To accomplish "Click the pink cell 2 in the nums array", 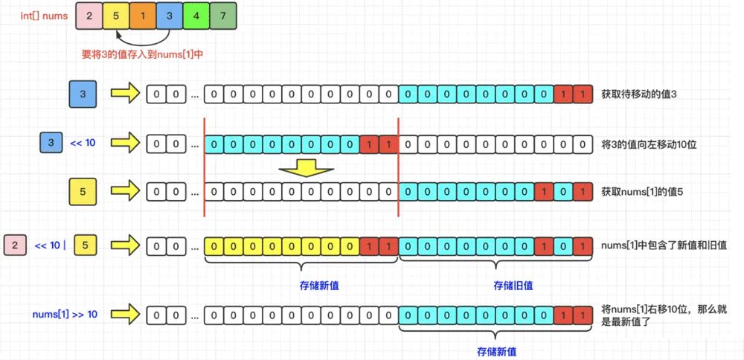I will pyautogui.click(x=89, y=15).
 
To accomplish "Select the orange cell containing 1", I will pyautogui.click(x=143, y=15).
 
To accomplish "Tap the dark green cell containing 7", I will pyautogui.click(x=223, y=15).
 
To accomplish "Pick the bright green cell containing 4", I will pyautogui.click(x=196, y=15).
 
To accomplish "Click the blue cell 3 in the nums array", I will pyautogui.click(x=170, y=15).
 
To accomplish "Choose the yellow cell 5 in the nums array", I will pyautogui.click(x=115, y=15).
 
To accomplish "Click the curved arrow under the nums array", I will pyautogui.click(x=143, y=37).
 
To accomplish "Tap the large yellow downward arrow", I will pyautogui.click(x=307, y=167).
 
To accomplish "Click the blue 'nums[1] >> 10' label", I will pyautogui.click(x=65, y=315).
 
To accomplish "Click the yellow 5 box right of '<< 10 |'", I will pyautogui.click(x=86, y=245).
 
